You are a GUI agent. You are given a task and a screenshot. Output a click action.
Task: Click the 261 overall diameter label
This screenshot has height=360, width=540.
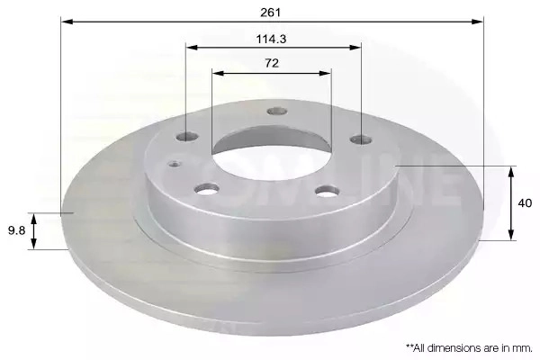tap(271, 13)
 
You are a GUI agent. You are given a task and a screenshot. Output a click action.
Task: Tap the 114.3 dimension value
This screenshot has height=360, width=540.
tap(271, 39)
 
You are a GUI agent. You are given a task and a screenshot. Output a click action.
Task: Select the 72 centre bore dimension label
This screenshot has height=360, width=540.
tap(272, 63)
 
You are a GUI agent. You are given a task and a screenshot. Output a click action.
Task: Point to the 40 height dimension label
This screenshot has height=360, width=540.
tap(525, 203)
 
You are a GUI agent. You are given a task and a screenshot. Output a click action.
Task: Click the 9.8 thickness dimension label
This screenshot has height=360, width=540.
tap(17, 230)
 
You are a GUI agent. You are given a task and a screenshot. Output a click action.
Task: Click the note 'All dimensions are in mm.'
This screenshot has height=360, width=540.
tap(470, 348)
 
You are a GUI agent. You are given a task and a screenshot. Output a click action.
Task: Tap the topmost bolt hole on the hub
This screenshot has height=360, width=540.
tap(277, 111)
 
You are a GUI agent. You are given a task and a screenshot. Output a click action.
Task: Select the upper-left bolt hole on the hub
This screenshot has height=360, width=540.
tap(187, 137)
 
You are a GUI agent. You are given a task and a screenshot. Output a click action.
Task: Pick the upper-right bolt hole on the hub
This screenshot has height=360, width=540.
tap(361, 139)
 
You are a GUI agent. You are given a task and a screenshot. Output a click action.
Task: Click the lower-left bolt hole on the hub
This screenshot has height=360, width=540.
tap(207, 189)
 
